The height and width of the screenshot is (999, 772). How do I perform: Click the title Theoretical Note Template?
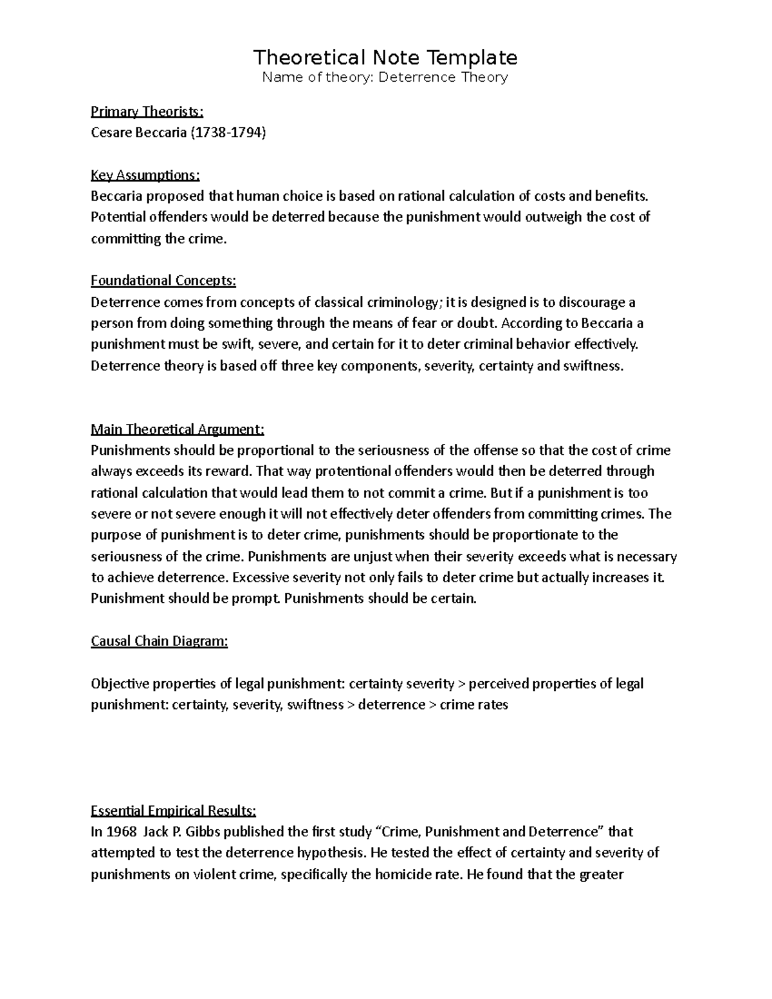coord(385,58)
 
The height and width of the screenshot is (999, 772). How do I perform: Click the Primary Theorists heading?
coord(147,112)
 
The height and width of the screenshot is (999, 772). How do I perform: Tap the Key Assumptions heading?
coord(145,175)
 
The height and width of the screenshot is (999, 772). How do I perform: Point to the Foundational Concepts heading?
coord(163,280)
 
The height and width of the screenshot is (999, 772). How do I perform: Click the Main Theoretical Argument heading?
coord(178,429)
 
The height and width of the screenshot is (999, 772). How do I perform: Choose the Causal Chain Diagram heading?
coord(160,641)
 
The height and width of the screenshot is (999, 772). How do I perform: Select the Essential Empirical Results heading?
coord(174,811)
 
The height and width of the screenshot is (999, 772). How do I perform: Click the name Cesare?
coord(110,133)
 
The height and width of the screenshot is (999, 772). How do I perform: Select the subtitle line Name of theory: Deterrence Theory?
coord(385,78)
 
